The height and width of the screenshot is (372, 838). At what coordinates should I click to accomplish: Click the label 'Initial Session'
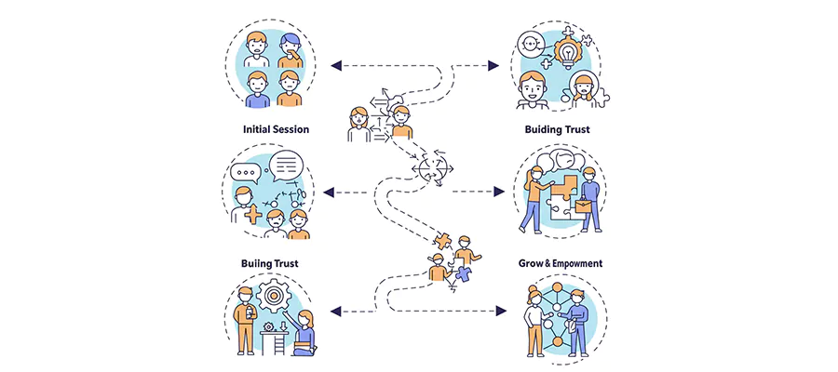tap(276, 129)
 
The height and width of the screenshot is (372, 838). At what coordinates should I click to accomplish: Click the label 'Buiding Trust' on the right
tap(557, 129)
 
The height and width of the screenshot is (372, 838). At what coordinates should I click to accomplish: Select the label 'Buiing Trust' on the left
tap(276, 263)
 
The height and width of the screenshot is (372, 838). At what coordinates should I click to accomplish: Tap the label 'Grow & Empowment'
tap(561, 263)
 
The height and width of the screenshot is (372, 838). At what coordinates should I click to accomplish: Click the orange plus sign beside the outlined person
tap(251, 215)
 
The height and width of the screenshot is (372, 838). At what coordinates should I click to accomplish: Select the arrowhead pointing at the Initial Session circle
tap(337, 65)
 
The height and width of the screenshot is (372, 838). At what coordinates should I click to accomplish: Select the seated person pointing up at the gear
tap(305, 331)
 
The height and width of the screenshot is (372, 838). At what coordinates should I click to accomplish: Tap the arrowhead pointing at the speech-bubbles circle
tap(332, 192)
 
